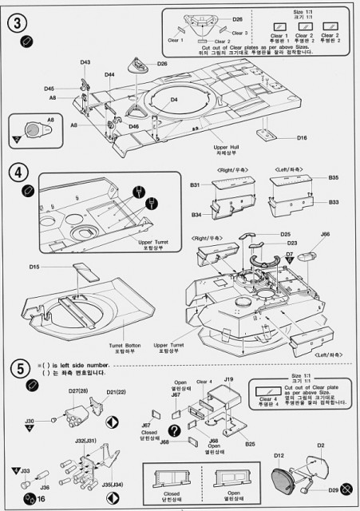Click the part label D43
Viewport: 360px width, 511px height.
pos(85,61)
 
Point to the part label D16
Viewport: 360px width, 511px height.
pos(302,138)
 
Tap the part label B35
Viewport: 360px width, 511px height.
pos(333,177)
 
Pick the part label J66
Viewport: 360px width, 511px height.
pos(325,234)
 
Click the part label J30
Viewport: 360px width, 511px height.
pos(30,420)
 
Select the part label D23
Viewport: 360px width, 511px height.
pos(293,243)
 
